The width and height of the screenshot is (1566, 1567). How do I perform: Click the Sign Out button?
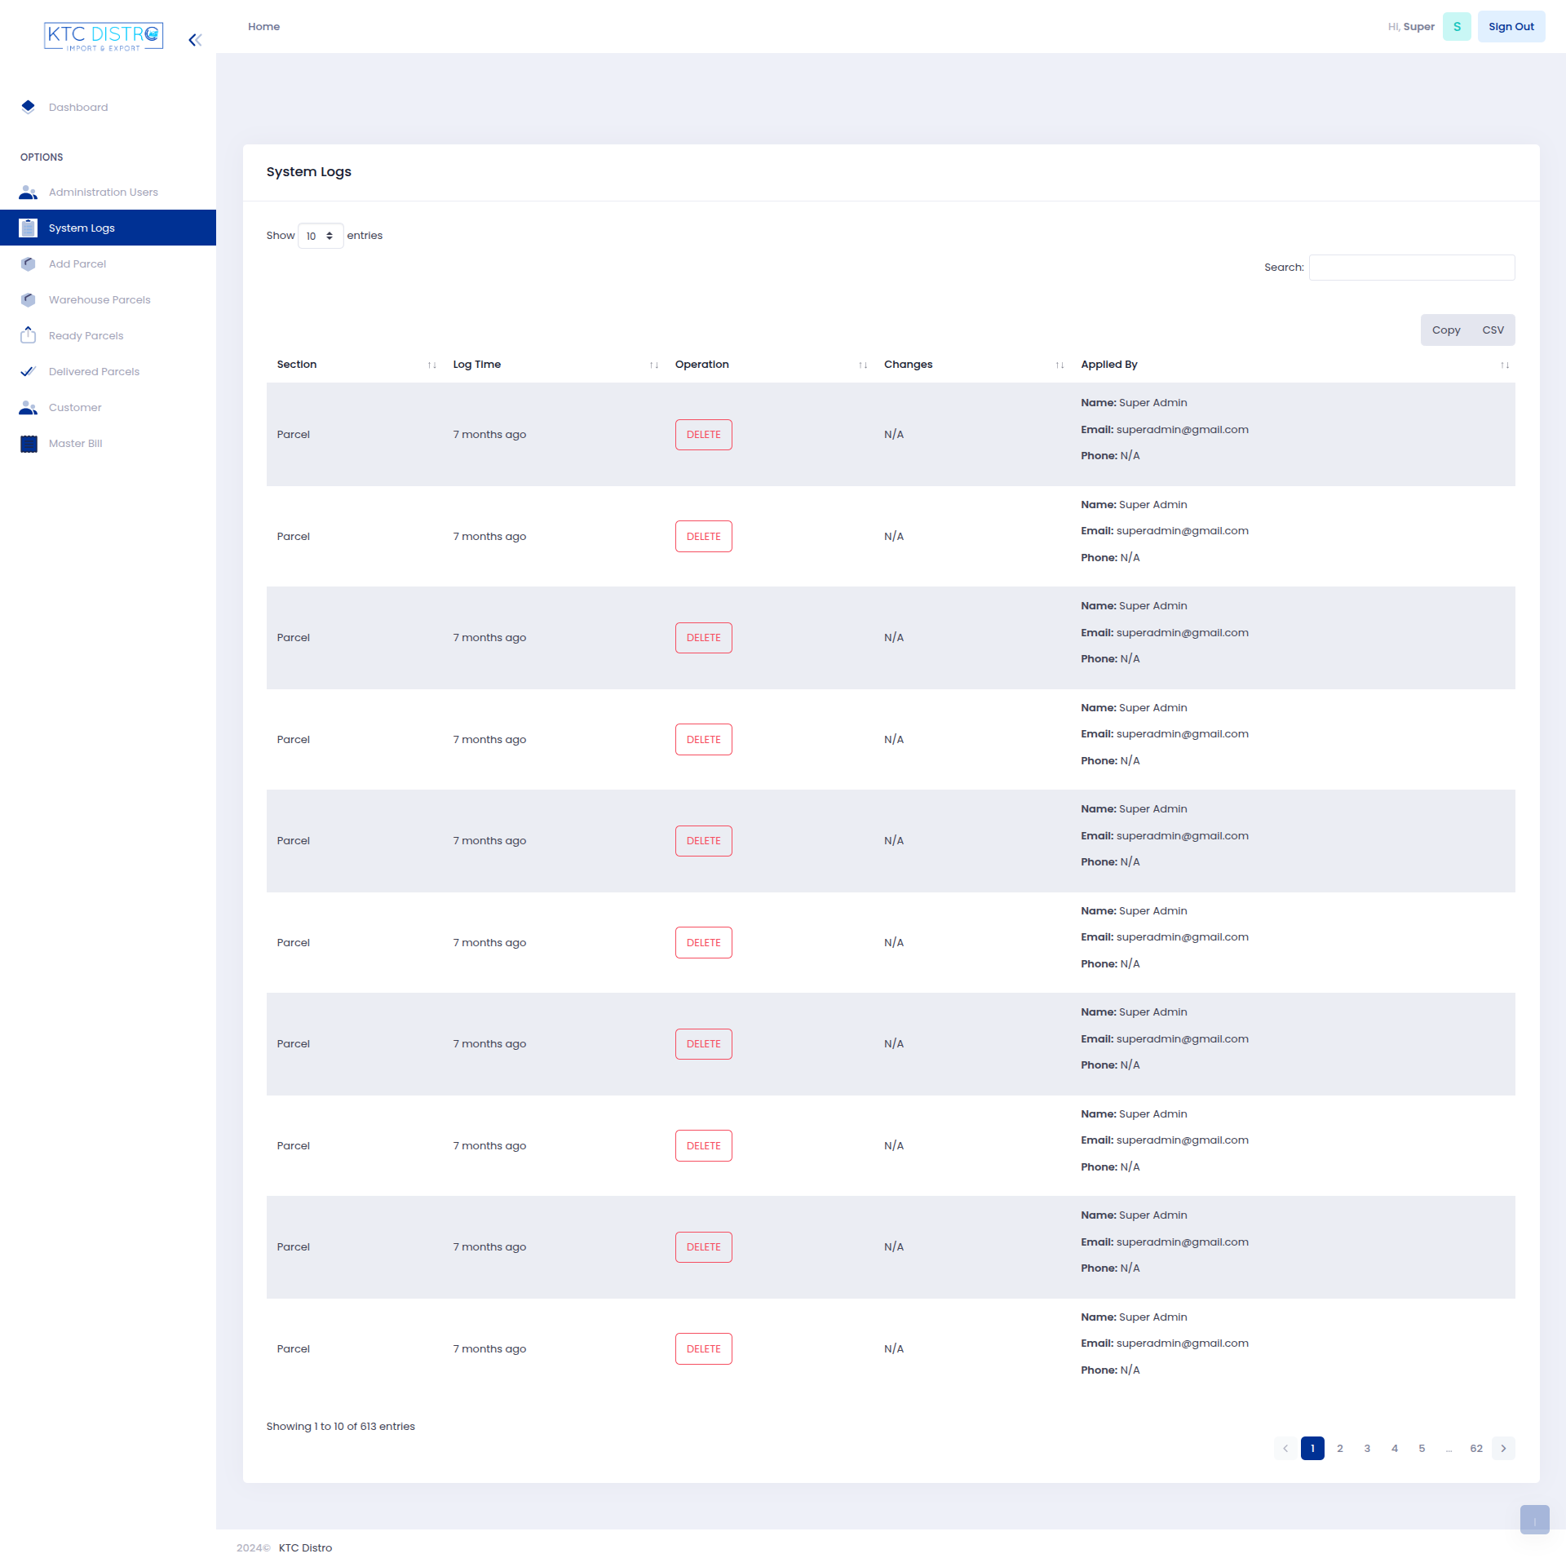[1511, 27]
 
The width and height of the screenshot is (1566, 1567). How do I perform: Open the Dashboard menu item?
[77, 108]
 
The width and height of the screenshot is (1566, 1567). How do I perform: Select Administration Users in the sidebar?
[103, 193]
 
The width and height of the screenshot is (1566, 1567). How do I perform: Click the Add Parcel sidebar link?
[77, 264]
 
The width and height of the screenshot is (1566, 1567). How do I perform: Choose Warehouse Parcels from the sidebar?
[99, 300]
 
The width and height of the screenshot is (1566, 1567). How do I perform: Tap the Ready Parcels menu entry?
[86, 336]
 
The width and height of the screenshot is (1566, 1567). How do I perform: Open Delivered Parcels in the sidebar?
[94, 372]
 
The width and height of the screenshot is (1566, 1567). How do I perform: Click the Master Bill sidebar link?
[75, 444]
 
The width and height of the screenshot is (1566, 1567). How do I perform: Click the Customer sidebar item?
[74, 408]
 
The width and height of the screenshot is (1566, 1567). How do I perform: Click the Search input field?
[1411, 268]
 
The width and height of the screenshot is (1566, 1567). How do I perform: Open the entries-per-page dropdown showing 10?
[320, 237]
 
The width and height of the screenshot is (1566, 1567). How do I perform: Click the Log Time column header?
[477, 365]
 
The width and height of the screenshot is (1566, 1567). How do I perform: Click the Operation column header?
[701, 365]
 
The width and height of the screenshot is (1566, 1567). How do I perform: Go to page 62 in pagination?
[1475, 1449]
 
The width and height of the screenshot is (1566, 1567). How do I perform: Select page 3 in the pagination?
[1367, 1449]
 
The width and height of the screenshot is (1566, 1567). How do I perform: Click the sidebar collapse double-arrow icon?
[195, 40]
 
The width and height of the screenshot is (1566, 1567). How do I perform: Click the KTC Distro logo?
[104, 37]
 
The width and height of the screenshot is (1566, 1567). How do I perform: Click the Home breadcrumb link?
[263, 27]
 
